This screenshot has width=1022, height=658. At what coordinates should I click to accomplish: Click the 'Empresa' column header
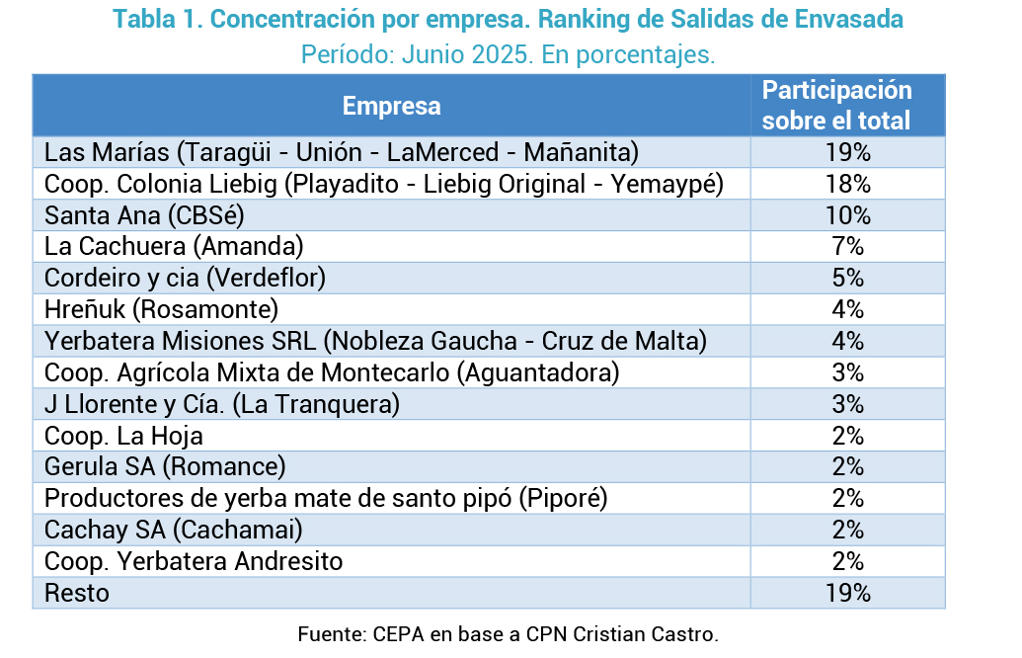click(392, 106)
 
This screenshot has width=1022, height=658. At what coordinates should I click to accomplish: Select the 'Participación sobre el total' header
click(837, 105)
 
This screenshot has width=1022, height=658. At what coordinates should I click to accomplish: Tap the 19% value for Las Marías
click(848, 152)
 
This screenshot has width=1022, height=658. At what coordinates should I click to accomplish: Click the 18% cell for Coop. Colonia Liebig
click(848, 184)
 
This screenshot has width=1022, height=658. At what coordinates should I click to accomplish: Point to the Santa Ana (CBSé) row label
click(144, 215)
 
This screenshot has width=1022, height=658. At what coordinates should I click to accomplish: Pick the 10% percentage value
click(848, 215)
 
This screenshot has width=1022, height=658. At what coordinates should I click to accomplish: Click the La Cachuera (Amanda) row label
click(174, 247)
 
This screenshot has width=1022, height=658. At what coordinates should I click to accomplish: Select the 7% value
click(848, 247)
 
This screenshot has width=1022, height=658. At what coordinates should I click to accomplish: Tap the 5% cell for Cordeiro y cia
click(848, 279)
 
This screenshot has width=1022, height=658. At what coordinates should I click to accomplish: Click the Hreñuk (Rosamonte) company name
click(161, 310)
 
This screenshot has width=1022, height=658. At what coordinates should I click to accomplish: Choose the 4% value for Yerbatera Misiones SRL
click(848, 341)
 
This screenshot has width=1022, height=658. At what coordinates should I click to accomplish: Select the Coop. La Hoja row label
click(123, 436)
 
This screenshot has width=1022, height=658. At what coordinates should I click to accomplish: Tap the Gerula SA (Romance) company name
click(165, 467)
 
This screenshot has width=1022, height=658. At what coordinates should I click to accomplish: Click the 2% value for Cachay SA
click(848, 531)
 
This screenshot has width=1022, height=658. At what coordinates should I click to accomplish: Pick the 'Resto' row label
click(77, 594)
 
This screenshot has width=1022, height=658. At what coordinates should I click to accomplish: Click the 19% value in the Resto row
click(848, 594)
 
